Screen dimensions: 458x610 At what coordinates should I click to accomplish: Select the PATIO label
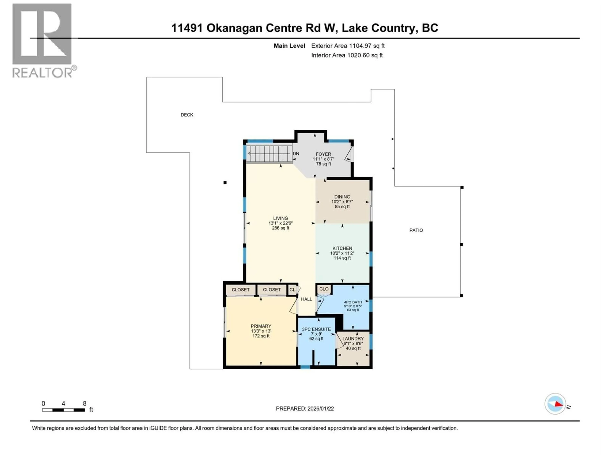click(416, 230)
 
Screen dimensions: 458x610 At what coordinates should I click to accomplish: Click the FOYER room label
click(323, 154)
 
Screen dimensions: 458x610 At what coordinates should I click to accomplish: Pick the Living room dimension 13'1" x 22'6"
click(280, 223)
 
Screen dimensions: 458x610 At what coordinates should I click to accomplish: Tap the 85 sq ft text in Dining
click(342, 207)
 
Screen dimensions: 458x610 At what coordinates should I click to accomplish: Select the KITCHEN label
click(342, 248)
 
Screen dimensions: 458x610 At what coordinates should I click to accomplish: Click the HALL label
click(306, 299)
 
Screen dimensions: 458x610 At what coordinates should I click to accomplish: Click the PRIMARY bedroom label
click(261, 326)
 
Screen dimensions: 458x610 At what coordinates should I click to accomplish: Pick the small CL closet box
click(292, 290)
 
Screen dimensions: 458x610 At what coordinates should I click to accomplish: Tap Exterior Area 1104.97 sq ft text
click(348, 46)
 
